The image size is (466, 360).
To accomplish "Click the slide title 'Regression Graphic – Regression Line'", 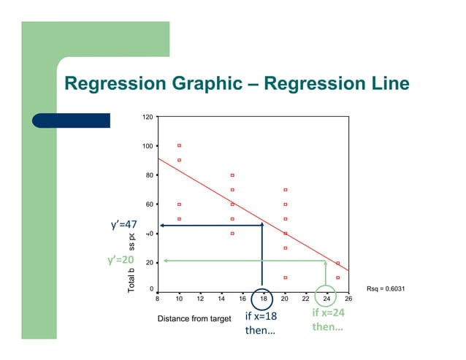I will [237, 84].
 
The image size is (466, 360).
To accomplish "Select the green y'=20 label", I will [121, 260].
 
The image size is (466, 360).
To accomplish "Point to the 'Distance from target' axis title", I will [194, 319].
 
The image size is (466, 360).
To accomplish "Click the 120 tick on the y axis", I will [148, 117].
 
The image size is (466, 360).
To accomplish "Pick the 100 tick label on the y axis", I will [148, 146].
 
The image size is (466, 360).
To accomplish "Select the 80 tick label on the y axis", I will [149, 175].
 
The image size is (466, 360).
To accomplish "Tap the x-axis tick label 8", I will [158, 299].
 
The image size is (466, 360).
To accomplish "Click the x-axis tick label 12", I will [200, 299].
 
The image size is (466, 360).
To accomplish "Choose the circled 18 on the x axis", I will [264, 299].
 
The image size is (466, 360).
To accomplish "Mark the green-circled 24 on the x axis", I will [327, 299].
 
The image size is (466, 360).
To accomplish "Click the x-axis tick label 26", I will [348, 299].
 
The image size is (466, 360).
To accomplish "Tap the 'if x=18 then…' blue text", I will [260, 323].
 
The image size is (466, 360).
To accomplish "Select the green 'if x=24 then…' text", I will [328, 320].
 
